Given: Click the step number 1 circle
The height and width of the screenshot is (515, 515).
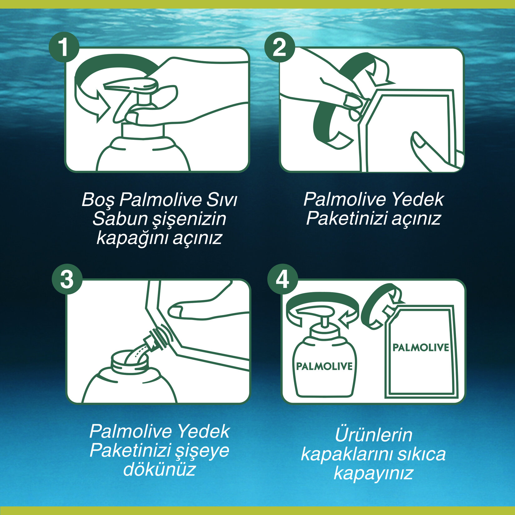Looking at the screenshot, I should [64, 47].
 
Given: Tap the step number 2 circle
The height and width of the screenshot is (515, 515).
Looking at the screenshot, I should [279, 47].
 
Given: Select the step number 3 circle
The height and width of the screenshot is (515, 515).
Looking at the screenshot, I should [67, 279].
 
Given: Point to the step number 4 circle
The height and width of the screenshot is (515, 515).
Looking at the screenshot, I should [282, 279].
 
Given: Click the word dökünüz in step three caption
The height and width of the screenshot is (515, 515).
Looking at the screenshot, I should [159, 469].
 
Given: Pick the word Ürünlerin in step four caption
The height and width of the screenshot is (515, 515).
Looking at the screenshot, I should [373, 435].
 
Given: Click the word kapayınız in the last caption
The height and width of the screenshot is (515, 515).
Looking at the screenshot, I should [373, 473].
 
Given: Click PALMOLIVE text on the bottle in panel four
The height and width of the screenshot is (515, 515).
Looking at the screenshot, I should [324, 366].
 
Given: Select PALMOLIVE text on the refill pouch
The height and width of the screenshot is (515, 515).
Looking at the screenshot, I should [420, 347].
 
